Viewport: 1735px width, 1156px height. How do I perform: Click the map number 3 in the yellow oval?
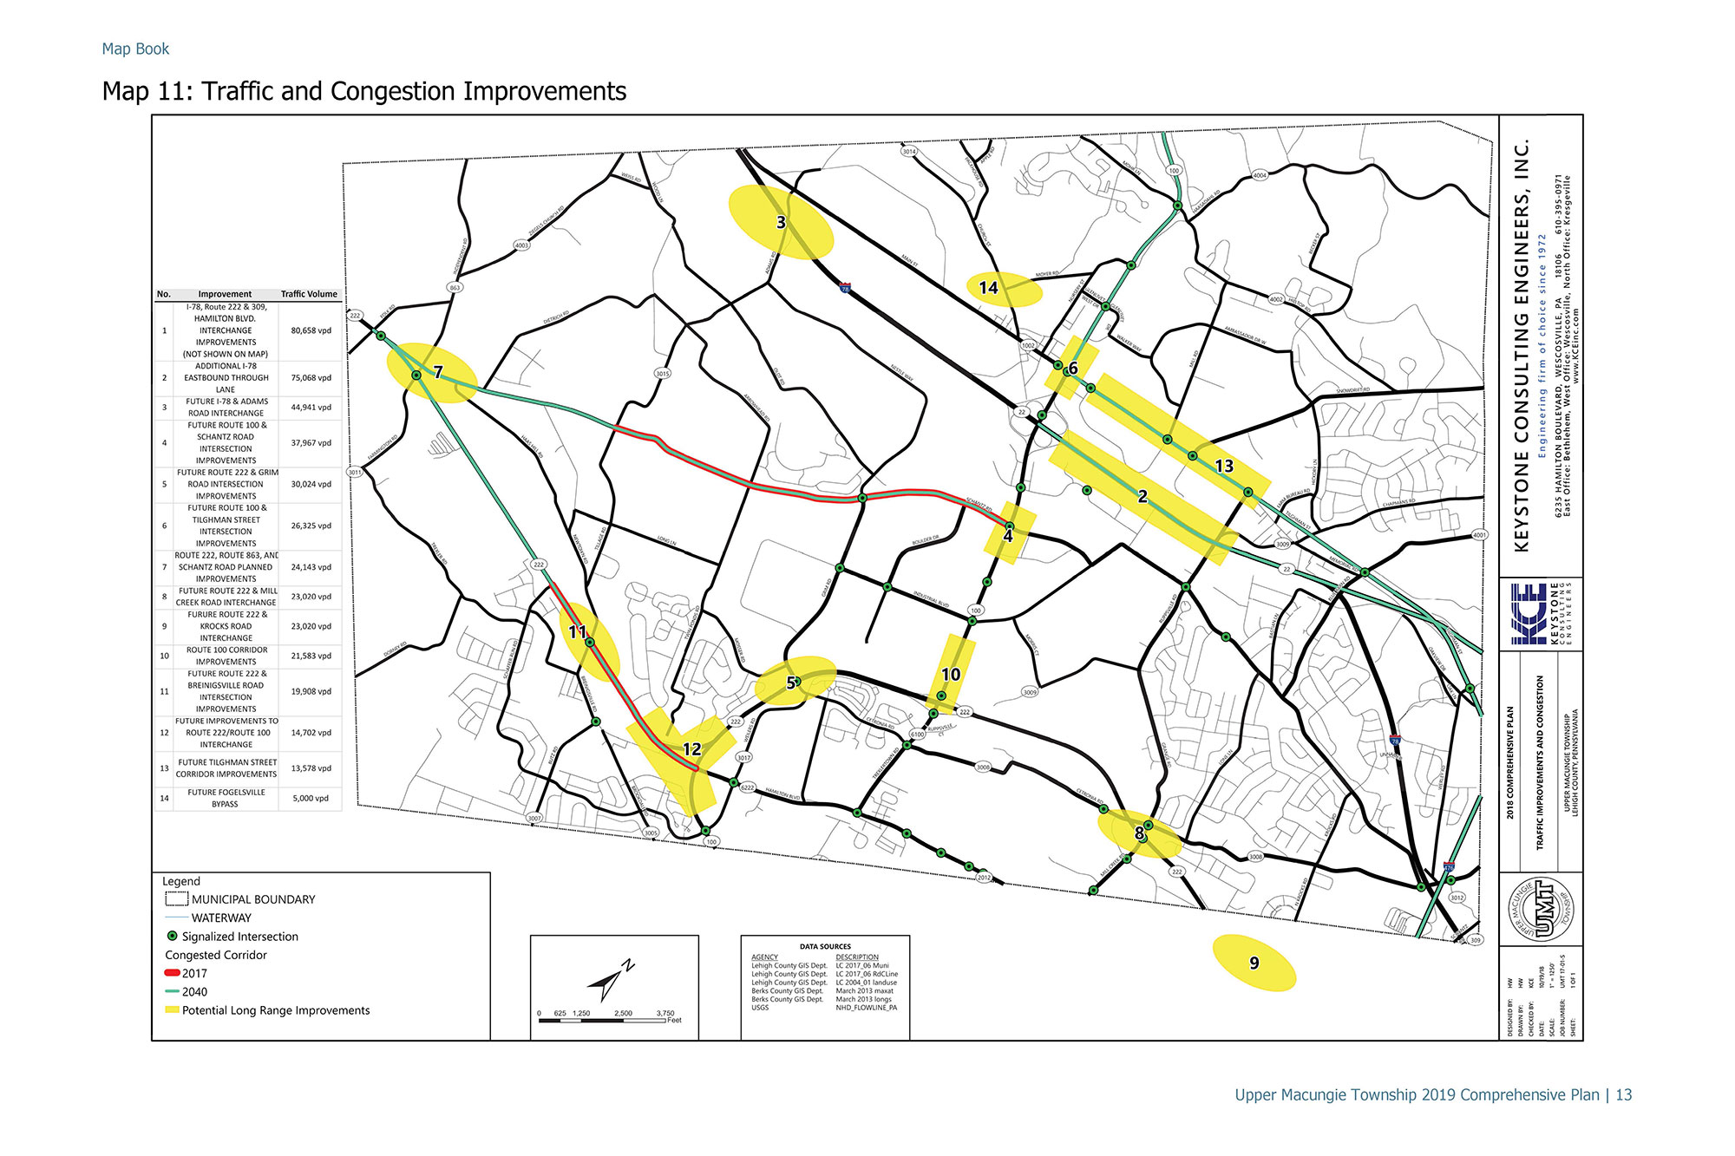coord(781,223)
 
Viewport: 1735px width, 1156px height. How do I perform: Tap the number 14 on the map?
coord(988,288)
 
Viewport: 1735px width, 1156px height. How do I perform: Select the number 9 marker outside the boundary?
coord(1254,963)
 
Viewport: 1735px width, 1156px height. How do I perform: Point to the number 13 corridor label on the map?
coord(1223,467)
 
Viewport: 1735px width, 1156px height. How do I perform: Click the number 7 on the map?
coord(438,372)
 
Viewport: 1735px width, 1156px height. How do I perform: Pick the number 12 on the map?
coord(691,749)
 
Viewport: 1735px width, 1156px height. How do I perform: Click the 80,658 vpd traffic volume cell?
coord(311,330)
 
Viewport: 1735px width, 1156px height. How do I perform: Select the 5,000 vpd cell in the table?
coord(311,798)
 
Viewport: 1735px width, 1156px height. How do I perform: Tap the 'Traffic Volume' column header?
coord(309,294)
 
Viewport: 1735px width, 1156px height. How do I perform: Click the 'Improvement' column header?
coord(225,294)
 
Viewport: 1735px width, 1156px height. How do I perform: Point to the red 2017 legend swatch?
coord(172,973)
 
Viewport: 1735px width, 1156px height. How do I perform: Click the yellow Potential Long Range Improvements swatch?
coord(172,1010)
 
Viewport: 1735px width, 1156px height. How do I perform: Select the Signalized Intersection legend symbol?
coord(172,937)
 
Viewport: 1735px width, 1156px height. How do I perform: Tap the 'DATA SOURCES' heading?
coord(824,946)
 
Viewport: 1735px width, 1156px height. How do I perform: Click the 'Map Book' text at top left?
coord(135,49)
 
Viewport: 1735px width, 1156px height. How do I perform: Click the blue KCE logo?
coord(1528,613)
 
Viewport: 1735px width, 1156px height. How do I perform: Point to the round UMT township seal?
coord(1540,908)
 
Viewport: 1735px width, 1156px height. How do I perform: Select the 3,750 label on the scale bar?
coord(665,1013)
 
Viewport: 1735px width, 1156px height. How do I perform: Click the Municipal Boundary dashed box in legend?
coord(176,899)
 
